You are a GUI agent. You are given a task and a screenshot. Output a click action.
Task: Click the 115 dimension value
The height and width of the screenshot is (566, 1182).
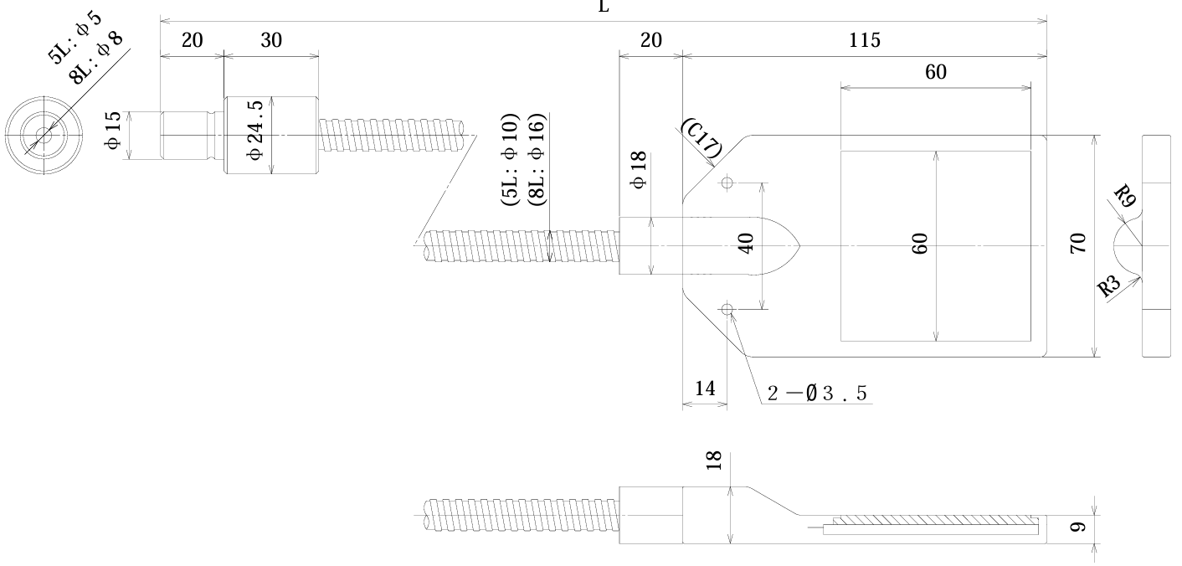point(864,40)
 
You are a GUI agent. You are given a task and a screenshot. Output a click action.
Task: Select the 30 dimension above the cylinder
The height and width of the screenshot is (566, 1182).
point(271,40)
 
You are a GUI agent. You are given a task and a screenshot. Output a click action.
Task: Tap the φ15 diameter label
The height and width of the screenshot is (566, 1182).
point(114,135)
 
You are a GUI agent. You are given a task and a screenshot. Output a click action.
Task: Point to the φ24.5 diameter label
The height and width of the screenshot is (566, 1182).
point(256,134)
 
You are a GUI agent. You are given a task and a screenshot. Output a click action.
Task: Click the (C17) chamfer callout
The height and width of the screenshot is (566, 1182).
point(701,138)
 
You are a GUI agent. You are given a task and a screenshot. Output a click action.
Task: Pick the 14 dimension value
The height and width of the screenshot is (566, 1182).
point(704,388)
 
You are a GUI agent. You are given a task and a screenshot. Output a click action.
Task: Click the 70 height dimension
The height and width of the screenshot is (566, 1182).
point(1079,244)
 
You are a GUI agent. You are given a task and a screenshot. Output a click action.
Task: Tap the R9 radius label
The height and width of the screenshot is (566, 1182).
point(1126,198)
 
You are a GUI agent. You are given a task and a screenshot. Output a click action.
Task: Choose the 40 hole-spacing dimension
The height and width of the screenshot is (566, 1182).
point(748,244)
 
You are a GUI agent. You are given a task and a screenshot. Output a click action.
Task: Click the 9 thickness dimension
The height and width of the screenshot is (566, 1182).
point(1079,527)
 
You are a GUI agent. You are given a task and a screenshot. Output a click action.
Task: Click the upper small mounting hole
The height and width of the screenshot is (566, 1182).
point(727,182)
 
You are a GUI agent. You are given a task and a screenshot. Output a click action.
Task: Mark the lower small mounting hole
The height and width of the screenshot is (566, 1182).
point(727,311)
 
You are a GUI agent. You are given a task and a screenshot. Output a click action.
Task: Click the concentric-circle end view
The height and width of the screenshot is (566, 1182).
point(43,134)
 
